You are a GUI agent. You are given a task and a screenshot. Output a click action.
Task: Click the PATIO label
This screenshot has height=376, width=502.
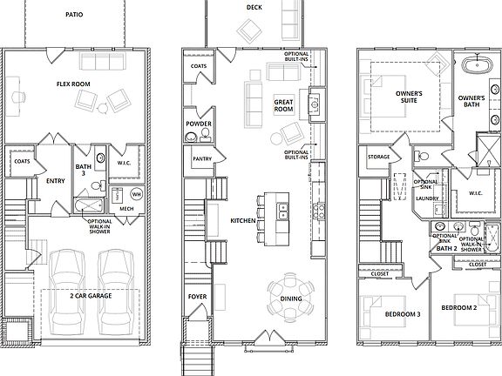click(74, 15)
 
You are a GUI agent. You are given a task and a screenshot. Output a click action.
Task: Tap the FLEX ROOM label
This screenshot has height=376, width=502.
click(76, 85)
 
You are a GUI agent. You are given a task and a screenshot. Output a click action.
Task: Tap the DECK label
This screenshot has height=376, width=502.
click(254, 7)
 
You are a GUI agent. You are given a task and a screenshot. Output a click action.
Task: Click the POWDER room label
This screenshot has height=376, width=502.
click(198, 124)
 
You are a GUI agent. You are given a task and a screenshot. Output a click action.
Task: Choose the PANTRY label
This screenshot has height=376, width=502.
click(200, 158)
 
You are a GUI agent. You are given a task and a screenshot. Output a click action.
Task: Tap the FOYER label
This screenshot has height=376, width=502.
click(198, 297)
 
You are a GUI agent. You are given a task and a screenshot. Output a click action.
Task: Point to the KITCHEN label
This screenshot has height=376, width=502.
click(241, 221)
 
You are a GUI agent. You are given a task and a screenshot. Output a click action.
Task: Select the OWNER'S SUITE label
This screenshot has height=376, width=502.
click(409, 97)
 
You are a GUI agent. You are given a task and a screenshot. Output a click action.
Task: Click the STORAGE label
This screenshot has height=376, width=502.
click(379, 158)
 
